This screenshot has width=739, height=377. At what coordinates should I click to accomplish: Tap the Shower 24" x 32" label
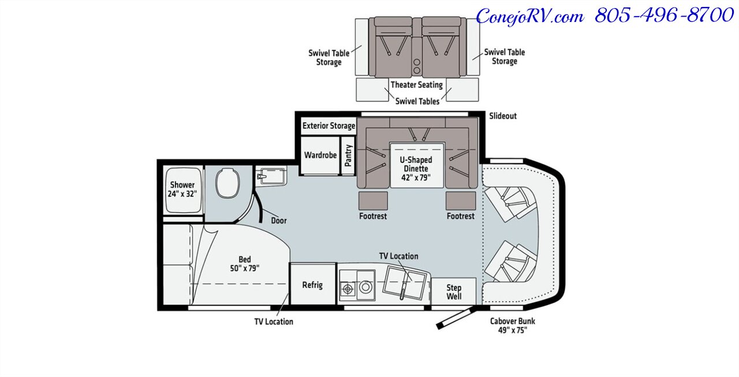tap(182, 189)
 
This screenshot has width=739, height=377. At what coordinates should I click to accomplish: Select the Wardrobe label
tap(320, 155)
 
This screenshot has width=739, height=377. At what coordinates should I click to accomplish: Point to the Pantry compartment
tap(349, 156)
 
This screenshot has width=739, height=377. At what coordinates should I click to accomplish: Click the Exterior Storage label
tap(329, 126)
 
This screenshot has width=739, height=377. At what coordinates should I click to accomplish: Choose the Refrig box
tap(312, 285)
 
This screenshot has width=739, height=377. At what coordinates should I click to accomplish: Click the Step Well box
tap(454, 292)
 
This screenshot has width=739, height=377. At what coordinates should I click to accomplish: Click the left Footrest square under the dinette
tap(372, 201)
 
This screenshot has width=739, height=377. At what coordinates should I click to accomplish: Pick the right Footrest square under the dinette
tap(460, 201)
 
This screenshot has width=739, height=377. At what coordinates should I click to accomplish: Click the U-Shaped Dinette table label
tap(417, 168)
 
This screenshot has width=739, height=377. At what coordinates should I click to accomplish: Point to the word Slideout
tap(503, 116)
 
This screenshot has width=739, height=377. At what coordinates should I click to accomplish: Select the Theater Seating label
tap(416, 85)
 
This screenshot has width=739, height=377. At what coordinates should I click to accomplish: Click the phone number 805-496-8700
tap(664, 16)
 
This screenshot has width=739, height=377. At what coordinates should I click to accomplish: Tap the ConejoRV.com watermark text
tap(529, 16)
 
